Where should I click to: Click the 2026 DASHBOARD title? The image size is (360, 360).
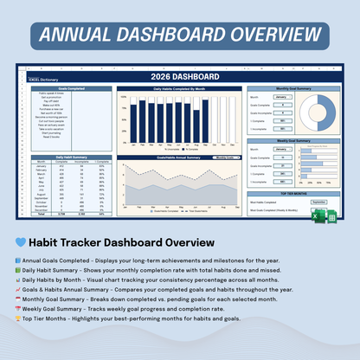(x=180, y=77)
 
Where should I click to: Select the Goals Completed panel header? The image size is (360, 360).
(x=70, y=89)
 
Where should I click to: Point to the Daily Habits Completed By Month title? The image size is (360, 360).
(x=179, y=89)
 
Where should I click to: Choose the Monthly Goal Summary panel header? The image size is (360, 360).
(x=294, y=89)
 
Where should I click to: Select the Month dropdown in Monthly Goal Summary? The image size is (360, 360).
(x=281, y=98)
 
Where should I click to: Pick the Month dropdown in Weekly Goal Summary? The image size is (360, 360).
(x=281, y=148)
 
